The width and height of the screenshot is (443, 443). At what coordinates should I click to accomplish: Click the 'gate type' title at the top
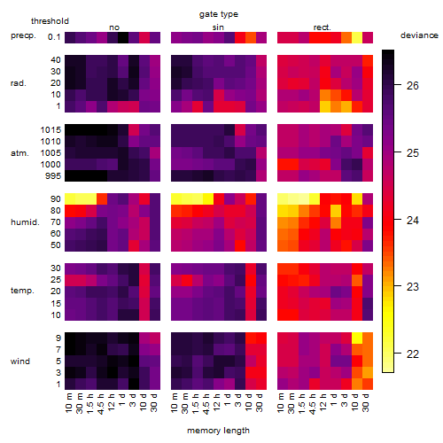(x=219, y=14)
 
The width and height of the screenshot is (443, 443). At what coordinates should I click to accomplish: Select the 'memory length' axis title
(x=218, y=431)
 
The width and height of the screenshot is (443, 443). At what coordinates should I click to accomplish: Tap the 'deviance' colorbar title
(x=419, y=35)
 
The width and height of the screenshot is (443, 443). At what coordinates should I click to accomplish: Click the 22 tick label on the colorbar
(x=413, y=354)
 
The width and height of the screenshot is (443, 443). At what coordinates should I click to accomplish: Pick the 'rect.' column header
(x=322, y=27)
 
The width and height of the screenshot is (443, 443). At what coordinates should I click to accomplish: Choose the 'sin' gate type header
(x=218, y=27)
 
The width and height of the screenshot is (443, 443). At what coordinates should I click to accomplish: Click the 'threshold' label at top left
(x=50, y=21)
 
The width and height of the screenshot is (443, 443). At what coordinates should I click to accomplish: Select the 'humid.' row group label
(x=25, y=222)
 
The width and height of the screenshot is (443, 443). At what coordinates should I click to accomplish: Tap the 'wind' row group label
(x=20, y=361)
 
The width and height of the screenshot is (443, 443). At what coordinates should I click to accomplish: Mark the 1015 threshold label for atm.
(x=51, y=130)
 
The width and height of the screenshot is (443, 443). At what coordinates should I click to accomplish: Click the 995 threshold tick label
(x=53, y=176)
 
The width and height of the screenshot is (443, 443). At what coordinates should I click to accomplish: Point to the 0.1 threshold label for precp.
(x=54, y=37)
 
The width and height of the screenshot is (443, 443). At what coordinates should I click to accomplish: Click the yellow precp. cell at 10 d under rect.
(x=357, y=37)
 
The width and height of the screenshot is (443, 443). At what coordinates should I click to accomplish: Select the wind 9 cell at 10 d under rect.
(x=357, y=338)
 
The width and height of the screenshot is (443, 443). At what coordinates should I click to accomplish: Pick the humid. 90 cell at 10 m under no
(x=70, y=199)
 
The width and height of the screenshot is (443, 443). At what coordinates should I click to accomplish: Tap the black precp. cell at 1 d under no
(x=123, y=37)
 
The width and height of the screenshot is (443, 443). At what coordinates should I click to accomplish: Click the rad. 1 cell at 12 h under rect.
(x=325, y=106)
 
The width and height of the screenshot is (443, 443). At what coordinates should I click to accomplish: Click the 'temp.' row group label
(x=22, y=291)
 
